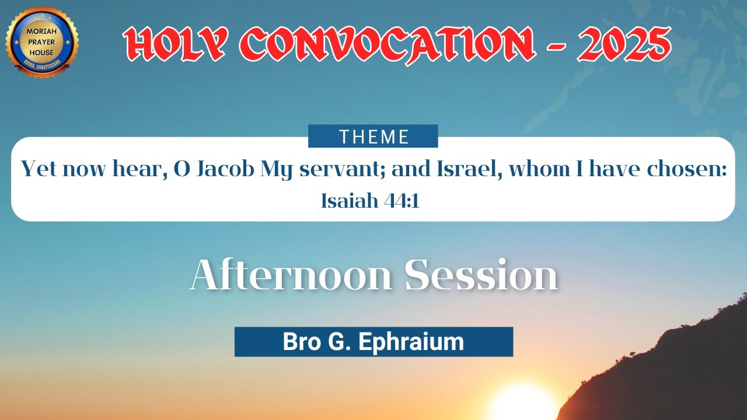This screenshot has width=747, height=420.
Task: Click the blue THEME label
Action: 373,136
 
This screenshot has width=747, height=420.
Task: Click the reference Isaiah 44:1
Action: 370,201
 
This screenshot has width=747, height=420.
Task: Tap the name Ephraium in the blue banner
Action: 411,342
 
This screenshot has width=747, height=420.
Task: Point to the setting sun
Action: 521,402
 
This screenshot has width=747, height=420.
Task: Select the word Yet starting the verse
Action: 39,170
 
